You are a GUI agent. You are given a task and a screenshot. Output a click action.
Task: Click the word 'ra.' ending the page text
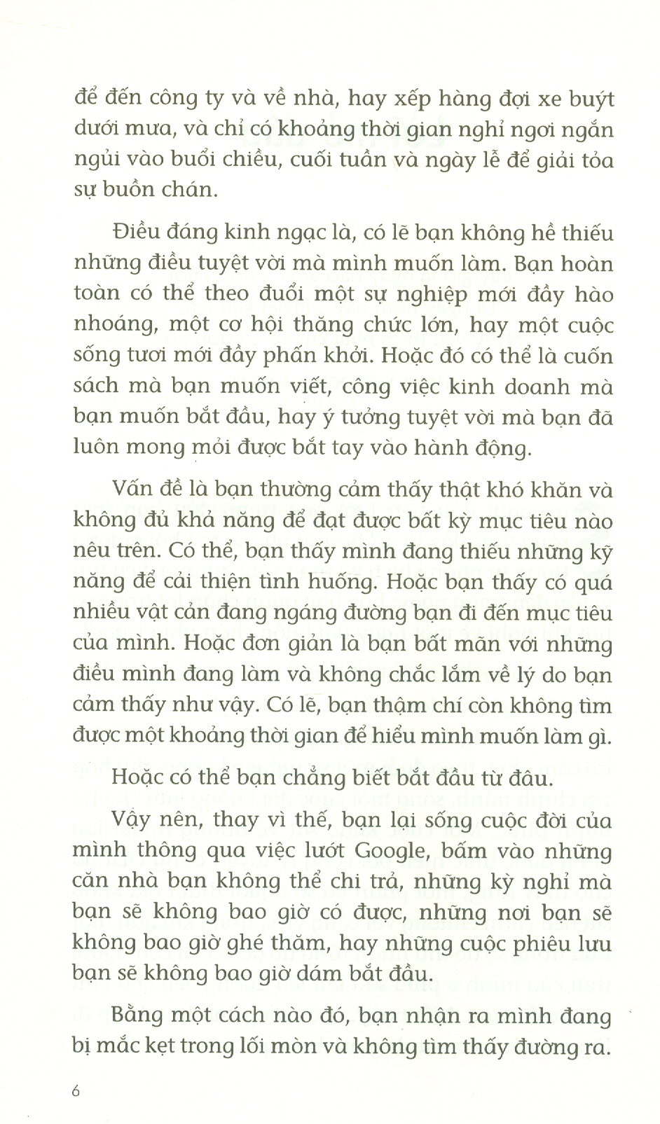[598, 1047]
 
